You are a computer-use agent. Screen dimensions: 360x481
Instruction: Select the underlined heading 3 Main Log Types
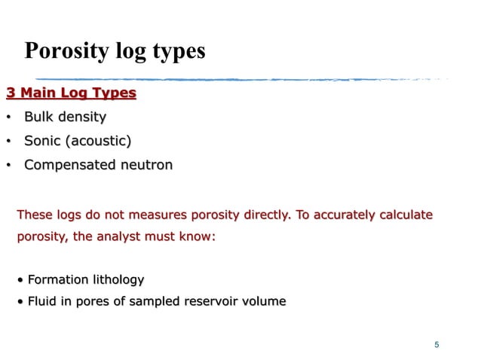click(71, 93)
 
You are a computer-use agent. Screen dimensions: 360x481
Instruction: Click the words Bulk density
click(65, 117)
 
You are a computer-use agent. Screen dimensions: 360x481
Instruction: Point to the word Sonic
click(42, 141)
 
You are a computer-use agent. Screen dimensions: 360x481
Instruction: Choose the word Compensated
click(69, 164)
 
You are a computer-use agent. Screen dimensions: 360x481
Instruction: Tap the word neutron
click(145, 164)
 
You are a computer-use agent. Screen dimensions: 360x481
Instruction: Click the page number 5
click(437, 345)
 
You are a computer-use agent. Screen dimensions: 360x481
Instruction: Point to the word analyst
click(118, 236)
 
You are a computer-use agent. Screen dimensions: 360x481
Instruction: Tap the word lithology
click(116, 280)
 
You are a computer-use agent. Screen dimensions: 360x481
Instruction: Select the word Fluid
click(42, 301)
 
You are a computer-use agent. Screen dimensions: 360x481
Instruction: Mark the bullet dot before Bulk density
click(8, 117)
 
